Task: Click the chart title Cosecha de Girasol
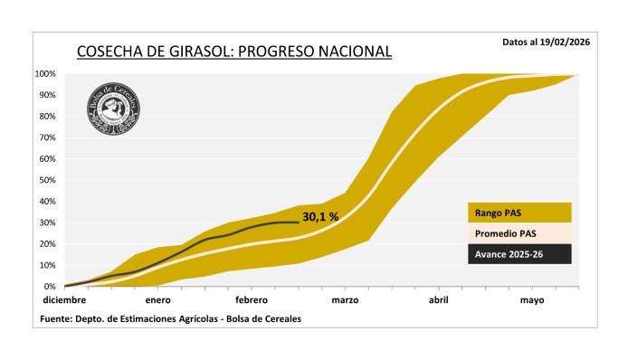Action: tap(233, 52)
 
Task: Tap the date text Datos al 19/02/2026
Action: tap(546, 43)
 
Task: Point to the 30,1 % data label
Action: tap(320, 216)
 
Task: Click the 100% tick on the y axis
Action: tap(46, 74)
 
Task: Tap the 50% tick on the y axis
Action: tap(48, 180)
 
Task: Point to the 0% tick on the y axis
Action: tap(51, 287)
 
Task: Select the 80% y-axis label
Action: tap(48, 117)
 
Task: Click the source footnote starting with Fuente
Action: tap(171, 318)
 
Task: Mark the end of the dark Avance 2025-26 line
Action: tap(298, 222)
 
